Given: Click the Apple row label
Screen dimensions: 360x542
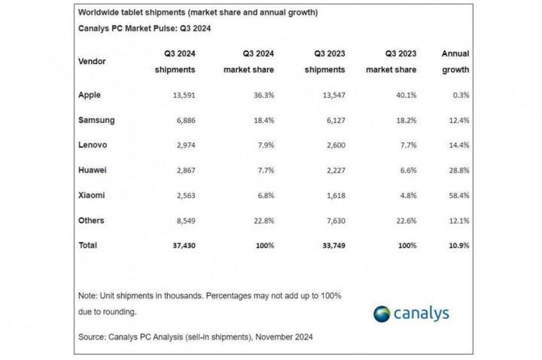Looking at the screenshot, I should point(89,96).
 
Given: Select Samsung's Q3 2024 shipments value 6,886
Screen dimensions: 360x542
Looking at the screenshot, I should point(182,121).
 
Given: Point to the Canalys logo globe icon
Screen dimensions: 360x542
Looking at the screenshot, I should point(382,313).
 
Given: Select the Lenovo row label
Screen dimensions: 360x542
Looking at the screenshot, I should point(93,145).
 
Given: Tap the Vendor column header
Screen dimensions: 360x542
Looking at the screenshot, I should point(92,61).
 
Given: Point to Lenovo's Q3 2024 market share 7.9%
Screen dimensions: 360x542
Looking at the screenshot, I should point(263,145).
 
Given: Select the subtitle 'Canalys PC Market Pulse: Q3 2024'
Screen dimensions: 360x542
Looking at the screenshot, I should point(144,29).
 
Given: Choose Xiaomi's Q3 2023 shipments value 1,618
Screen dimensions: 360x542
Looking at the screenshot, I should point(332,195).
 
